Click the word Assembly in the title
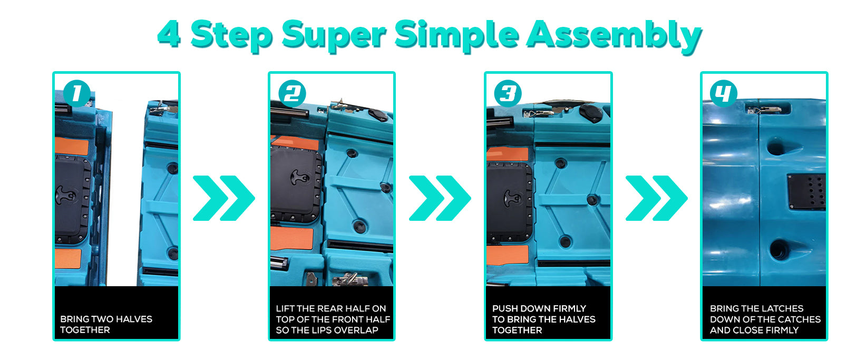[x=614, y=35]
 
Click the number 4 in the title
[x=169, y=34]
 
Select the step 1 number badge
[x=77, y=93]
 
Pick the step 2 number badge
[x=293, y=93]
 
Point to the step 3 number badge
[x=508, y=93]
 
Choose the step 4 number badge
[x=724, y=93]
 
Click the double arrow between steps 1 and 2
[x=224, y=198]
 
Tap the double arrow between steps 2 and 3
[x=440, y=198]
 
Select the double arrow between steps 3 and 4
[x=657, y=198]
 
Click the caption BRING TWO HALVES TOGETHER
[x=106, y=324]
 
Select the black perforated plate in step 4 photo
[x=806, y=192]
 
